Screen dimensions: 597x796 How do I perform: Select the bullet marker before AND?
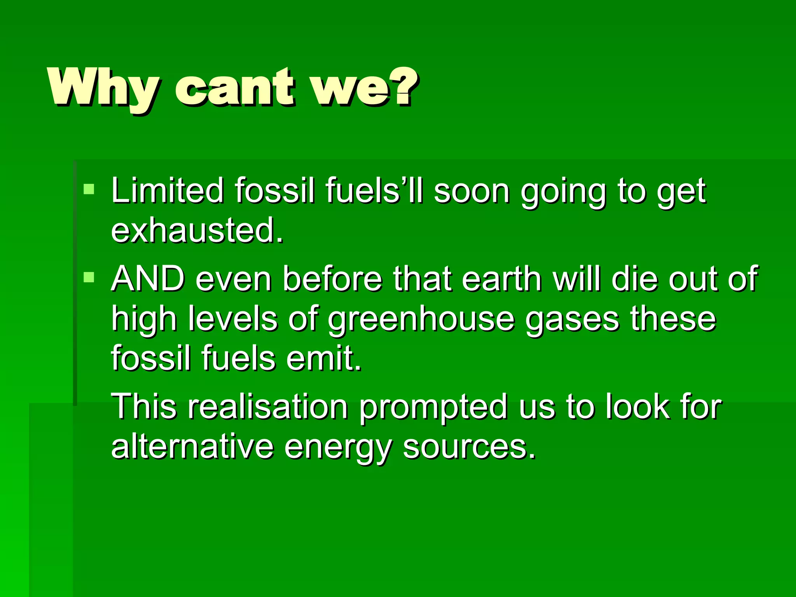click(x=89, y=277)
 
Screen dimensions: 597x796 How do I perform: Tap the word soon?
click(x=471, y=191)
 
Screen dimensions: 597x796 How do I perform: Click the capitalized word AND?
click(x=148, y=279)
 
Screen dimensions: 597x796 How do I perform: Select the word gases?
click(x=572, y=319)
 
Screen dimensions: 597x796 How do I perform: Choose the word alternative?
click(x=192, y=447)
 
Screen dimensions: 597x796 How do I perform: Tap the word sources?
click(x=469, y=447)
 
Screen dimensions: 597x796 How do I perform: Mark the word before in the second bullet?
click(x=332, y=279)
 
